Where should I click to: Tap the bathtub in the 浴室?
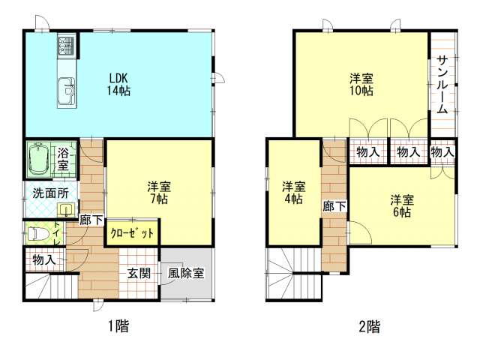point(39,159)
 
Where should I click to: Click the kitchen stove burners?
point(63,48)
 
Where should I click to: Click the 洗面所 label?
point(49,193)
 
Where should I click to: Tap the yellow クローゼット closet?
point(132,233)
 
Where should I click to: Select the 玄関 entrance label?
point(137,274)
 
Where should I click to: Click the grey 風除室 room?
point(186,274)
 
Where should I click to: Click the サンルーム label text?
point(442,84)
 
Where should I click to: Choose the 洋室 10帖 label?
point(361,84)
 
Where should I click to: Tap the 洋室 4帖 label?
point(293,193)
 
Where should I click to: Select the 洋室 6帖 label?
point(401,205)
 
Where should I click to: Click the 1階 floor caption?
point(118,326)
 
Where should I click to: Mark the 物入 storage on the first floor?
point(43,259)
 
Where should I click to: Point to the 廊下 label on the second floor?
point(334,205)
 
